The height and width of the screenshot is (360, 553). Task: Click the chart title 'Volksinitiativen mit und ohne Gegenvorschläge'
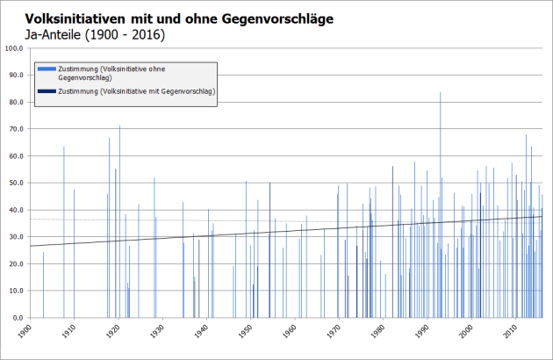click(178, 18)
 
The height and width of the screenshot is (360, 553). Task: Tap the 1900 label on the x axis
click(27, 332)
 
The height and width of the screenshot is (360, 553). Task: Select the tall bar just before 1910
click(63, 233)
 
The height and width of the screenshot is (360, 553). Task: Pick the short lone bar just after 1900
click(43, 285)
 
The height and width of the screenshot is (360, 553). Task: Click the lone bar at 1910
click(74, 255)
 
